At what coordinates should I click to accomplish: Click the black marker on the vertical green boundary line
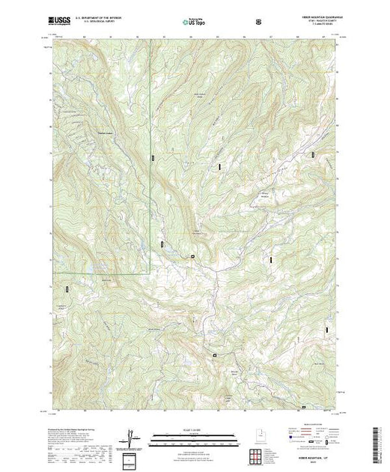point(152,157)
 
